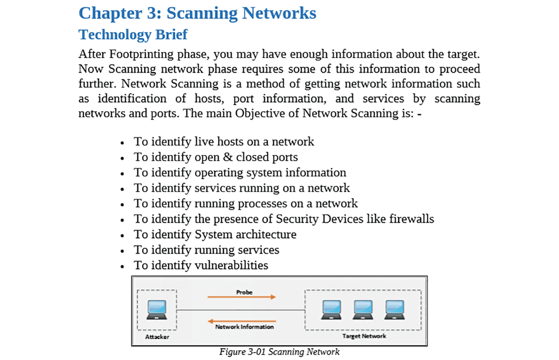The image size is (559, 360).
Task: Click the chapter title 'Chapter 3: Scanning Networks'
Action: click(x=197, y=13)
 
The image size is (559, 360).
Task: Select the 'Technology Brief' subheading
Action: click(x=133, y=35)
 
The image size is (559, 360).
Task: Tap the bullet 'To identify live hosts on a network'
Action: click(x=224, y=142)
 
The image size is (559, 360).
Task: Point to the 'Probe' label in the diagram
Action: click(x=244, y=292)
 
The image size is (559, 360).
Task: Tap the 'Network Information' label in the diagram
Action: click(x=244, y=327)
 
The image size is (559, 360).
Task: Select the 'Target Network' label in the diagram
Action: click(x=364, y=336)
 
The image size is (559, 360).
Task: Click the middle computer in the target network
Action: click(x=363, y=309)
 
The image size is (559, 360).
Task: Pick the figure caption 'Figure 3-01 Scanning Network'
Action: click(x=279, y=352)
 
